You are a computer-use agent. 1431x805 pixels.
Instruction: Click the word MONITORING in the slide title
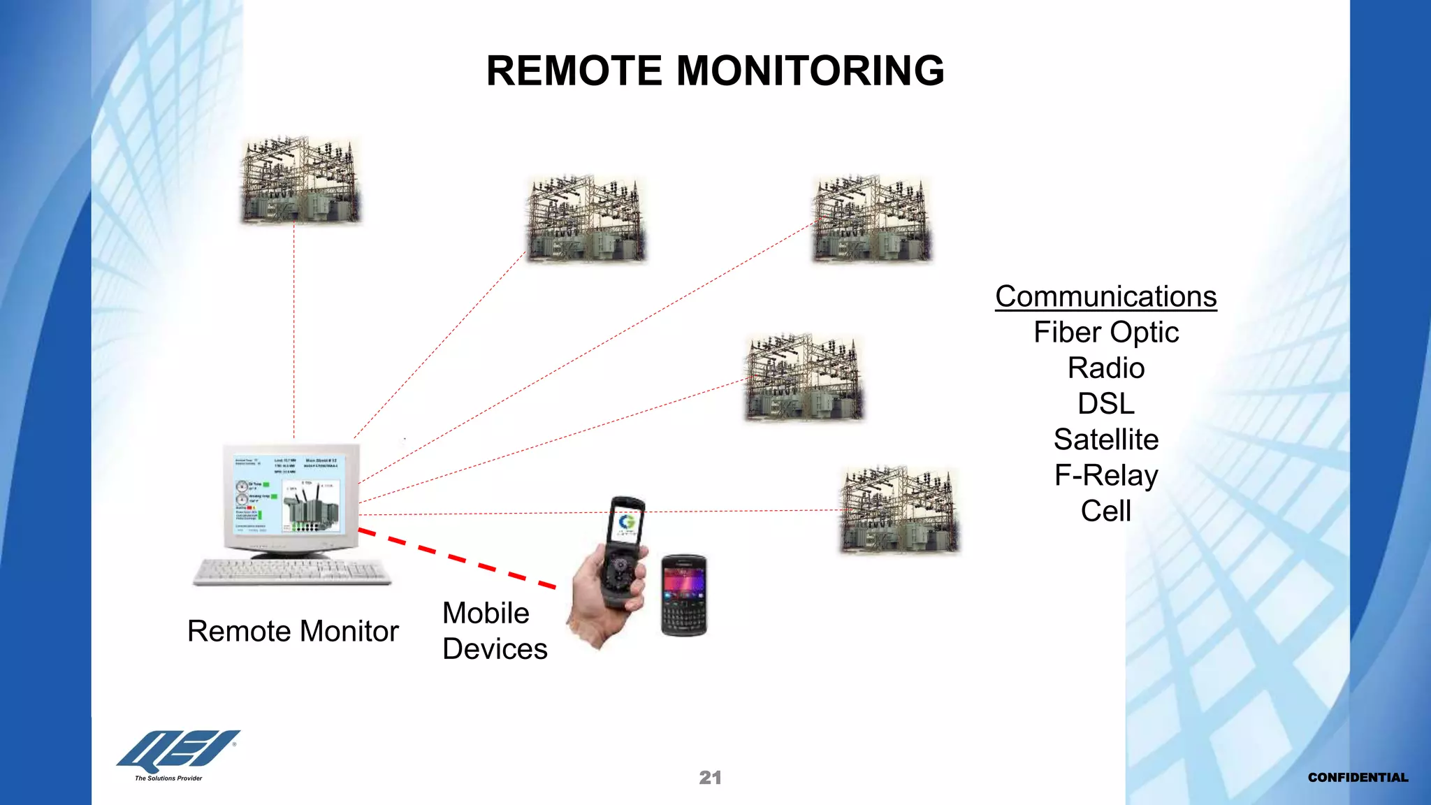coord(811,71)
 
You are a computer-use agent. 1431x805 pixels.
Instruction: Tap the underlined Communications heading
coord(1105,296)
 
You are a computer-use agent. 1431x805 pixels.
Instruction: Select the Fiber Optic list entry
coord(1106,333)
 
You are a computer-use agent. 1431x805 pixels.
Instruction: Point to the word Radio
coord(1106,368)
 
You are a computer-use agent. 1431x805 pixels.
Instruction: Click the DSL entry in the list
coord(1106,404)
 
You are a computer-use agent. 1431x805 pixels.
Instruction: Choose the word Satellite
coord(1106,440)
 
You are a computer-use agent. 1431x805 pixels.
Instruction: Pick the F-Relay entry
coord(1106,475)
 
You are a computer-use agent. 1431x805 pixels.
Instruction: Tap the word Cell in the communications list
coord(1106,511)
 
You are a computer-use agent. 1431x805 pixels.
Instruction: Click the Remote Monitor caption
coord(293,631)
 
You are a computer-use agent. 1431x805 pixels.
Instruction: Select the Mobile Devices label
coord(494,631)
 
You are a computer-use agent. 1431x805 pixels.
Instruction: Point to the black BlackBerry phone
coord(683,595)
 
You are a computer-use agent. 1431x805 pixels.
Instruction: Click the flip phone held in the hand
coord(623,552)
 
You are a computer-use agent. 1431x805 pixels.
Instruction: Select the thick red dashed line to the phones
coord(458,559)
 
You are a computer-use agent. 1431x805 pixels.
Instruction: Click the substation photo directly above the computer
coord(300,180)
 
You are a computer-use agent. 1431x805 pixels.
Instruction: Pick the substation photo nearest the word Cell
coord(900,511)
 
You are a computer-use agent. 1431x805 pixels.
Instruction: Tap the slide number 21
coord(710,778)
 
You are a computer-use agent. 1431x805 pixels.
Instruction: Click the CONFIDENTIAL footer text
coord(1358,778)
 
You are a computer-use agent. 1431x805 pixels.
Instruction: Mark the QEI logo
coord(178,751)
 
